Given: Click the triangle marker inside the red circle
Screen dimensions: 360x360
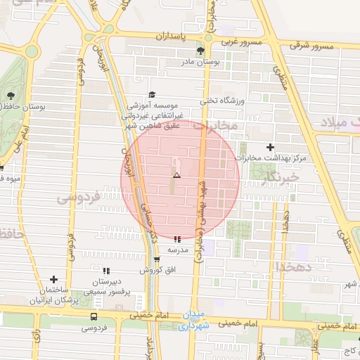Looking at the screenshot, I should click(x=176, y=175).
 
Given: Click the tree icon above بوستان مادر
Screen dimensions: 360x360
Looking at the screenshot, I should click(x=201, y=51).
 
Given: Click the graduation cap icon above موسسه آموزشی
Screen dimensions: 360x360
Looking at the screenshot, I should click(x=150, y=94).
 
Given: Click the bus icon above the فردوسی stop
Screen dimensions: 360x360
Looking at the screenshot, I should click(x=94, y=318).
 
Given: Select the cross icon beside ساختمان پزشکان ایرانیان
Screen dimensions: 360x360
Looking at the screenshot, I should click(x=53, y=280).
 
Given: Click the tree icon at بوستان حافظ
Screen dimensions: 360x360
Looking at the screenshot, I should click(x=11, y=95).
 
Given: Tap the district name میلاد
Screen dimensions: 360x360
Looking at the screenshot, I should click(x=338, y=122).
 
